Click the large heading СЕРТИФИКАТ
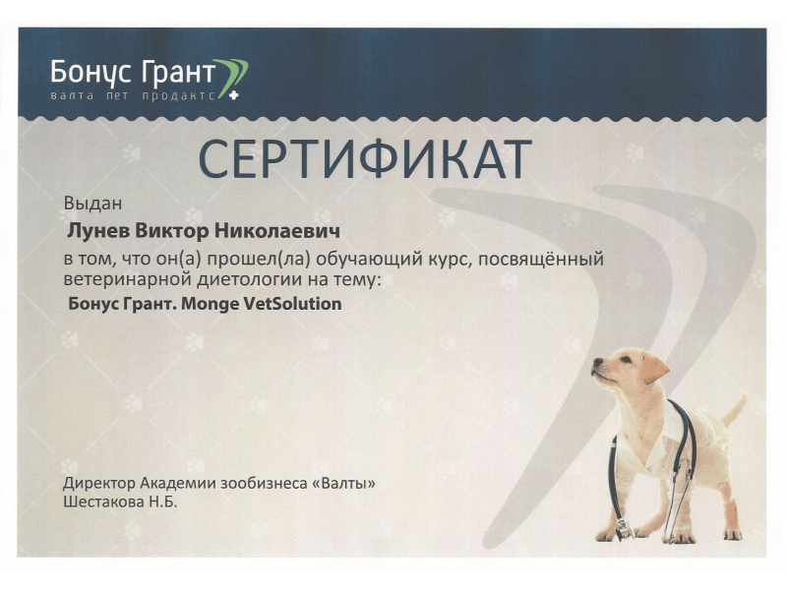pos(365,158)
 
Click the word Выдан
pos(92,204)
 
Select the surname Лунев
pos(98,231)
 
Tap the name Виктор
pos(172,231)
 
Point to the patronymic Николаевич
pos(277,231)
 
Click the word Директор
pos(99,483)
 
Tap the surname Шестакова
pos(103,501)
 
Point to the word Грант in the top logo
pos(179,72)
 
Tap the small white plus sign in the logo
pos(233,94)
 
